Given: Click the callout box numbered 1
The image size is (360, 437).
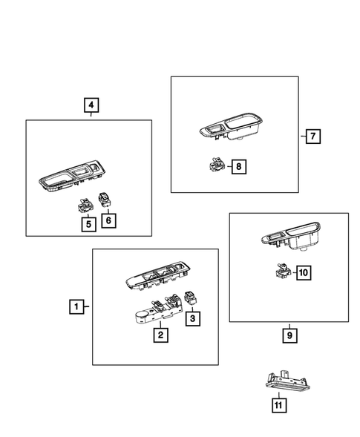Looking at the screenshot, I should pyautogui.click(x=75, y=306).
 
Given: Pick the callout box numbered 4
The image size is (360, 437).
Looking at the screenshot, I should pyautogui.click(x=91, y=106).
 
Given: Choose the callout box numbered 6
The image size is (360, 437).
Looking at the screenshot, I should pyautogui.click(x=108, y=220).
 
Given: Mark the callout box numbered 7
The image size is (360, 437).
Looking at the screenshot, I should pyautogui.click(x=312, y=136).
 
